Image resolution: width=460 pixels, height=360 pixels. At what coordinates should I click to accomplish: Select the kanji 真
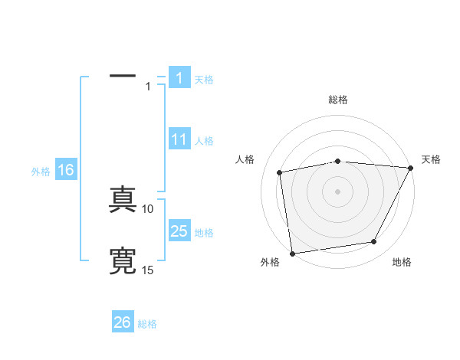click(123, 200)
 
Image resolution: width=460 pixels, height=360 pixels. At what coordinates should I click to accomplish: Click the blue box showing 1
click(179, 77)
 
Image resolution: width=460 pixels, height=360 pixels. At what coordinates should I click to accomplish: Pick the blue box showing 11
click(179, 139)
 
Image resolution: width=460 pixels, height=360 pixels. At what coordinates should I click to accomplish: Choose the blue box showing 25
click(179, 231)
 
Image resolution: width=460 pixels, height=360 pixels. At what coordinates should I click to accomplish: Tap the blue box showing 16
click(66, 170)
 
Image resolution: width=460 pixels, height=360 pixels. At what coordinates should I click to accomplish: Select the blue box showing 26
click(123, 322)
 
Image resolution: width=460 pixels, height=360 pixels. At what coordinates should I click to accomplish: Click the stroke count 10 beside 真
click(149, 209)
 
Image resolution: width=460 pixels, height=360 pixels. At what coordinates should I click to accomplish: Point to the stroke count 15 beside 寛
click(149, 270)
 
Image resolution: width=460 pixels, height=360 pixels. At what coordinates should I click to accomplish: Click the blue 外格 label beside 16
click(41, 172)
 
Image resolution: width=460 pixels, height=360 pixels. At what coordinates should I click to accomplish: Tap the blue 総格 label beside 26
click(147, 324)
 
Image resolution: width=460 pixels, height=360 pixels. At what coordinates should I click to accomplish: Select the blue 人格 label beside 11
click(204, 141)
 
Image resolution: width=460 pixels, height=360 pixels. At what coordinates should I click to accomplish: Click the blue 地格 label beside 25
click(204, 233)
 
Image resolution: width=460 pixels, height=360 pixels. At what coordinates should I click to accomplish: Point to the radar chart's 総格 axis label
click(338, 100)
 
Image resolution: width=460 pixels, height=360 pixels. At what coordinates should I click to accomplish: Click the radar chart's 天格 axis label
click(431, 159)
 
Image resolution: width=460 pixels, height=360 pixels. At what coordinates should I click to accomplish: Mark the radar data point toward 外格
click(292, 253)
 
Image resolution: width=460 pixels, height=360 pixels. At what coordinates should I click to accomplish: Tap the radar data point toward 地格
click(374, 242)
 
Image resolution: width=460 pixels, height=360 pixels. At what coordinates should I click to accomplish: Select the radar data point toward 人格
click(280, 172)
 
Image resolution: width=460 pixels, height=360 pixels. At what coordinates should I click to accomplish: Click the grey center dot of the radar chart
click(337, 191)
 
